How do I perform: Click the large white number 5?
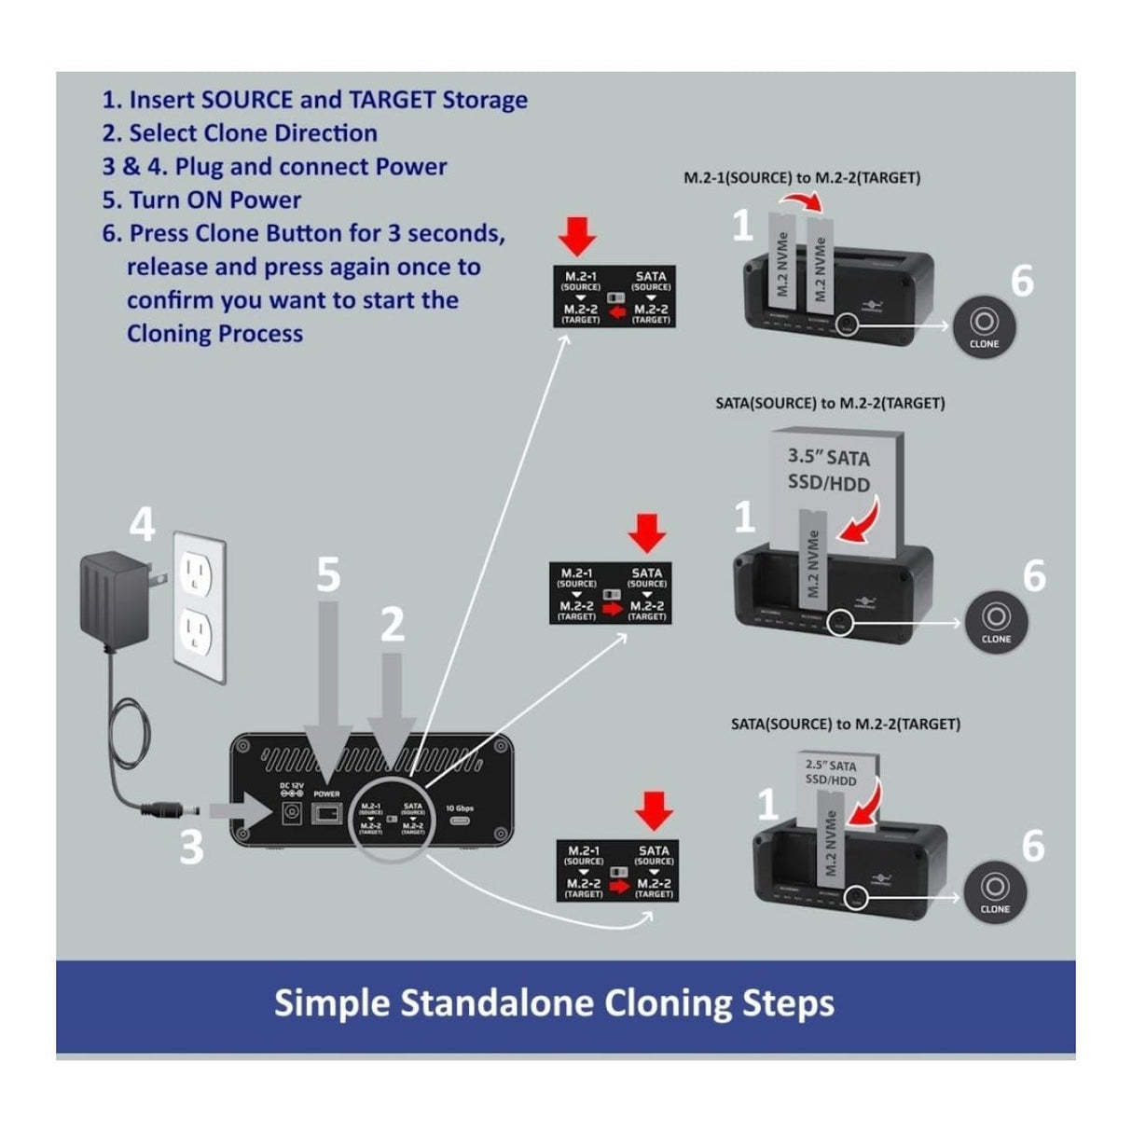click(x=327, y=574)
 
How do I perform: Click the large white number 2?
click(x=393, y=623)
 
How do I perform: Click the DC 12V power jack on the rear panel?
click(x=291, y=813)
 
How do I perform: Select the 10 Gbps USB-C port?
click(x=461, y=823)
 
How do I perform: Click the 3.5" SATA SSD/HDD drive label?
click(x=828, y=470)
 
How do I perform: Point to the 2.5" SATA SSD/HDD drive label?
click(x=830, y=773)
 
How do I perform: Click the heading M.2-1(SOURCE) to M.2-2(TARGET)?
click(x=802, y=177)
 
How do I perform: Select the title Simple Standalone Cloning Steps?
click(x=554, y=1003)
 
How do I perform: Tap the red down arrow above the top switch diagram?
click(x=579, y=238)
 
